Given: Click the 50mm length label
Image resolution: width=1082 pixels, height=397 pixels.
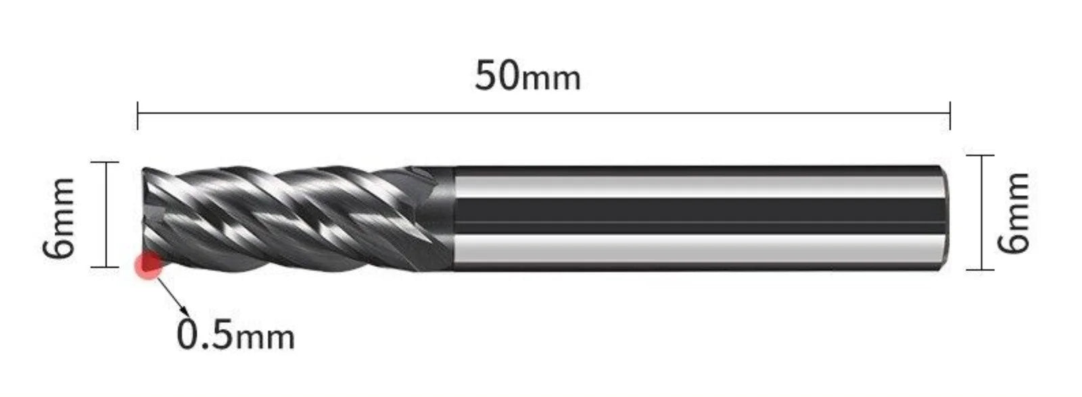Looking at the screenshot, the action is pyautogui.click(x=527, y=76).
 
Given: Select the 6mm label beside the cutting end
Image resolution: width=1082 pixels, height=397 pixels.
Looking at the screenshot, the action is pyautogui.click(x=59, y=217).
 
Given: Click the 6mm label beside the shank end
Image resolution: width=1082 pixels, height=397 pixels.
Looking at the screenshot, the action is pyautogui.click(x=1014, y=212).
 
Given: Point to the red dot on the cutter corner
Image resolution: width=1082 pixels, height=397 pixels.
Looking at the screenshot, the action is pyautogui.click(x=149, y=265).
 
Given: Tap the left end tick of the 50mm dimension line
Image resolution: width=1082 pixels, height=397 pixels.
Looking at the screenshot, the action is pyautogui.click(x=138, y=115).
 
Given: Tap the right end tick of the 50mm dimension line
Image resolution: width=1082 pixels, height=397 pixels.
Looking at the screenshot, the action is pyautogui.click(x=950, y=115).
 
